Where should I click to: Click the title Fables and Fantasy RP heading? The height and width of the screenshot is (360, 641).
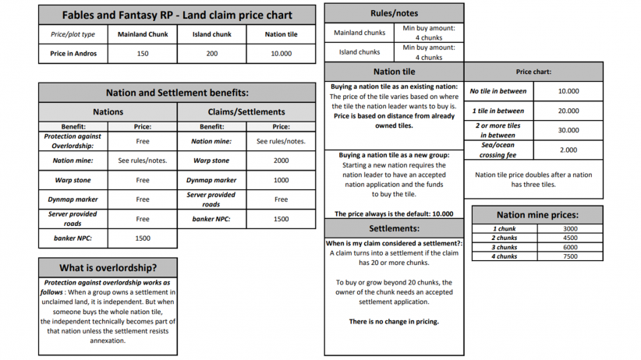coord(177,14)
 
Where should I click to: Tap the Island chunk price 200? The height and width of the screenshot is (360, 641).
coord(211,54)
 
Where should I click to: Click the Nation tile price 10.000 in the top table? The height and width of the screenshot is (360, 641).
coord(281,54)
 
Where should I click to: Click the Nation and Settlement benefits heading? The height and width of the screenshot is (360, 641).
coord(177,92)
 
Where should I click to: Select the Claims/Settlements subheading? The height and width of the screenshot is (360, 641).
coord(246,111)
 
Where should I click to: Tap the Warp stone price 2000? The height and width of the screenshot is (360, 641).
coord(281,161)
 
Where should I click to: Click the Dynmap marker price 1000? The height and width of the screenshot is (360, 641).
coord(281,180)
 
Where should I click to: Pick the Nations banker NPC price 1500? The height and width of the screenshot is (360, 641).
coord(143,238)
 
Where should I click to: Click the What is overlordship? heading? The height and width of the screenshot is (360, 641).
coord(108,267)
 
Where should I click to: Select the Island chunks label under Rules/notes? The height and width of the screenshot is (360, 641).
coord(359,52)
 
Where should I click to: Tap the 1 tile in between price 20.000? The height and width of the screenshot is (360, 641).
coord(568,111)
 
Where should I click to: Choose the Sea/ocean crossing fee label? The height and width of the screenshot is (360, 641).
coord(498,150)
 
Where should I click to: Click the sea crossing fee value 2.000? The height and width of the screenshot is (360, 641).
coord(568,150)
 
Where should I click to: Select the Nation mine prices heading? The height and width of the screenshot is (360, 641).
coord(537,214)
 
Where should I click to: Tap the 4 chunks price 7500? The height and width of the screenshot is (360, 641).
coord(568,256)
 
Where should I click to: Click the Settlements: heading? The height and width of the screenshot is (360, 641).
coord(394,228)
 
